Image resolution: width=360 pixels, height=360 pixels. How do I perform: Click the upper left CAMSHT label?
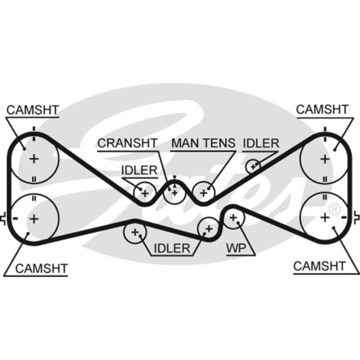coord(32,110)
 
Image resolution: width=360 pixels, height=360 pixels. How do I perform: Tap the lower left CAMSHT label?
coord(41,268)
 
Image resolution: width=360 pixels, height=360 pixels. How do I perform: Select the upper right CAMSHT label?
coord(322,109)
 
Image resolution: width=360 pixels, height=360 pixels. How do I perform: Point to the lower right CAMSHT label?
coord(319,266)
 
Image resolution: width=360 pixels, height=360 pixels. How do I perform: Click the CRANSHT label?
coord(128,143)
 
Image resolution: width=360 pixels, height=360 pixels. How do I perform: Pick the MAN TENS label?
coord(203,143)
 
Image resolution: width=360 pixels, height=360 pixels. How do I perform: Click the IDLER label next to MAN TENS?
coord(260,143)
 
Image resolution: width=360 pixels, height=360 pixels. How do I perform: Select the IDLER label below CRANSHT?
coord(139,170)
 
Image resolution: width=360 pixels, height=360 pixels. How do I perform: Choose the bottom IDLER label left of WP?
coord(171,249)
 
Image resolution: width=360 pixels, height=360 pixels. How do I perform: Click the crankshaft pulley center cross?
coord(175,192)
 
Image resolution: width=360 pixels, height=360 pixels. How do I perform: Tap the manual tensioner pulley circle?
coord(204,193)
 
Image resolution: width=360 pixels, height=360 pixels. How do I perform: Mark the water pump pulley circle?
coord(234,219)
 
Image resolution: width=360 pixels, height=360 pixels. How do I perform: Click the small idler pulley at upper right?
coord(253,166)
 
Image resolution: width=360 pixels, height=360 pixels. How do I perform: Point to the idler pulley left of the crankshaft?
coord(145,193)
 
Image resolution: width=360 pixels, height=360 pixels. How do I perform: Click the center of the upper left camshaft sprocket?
coord(34,159)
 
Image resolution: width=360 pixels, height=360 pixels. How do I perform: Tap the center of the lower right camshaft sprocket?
coord(325,217)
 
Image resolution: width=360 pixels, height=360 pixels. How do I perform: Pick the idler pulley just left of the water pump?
coord(209,227)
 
